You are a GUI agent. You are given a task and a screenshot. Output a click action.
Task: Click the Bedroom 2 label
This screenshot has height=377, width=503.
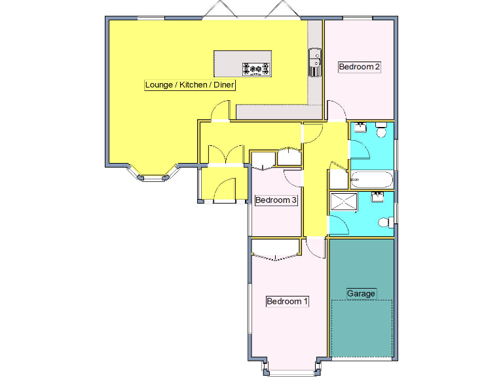[x=359, y=66]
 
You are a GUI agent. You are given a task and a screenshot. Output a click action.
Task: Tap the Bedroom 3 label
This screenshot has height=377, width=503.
[x=276, y=200]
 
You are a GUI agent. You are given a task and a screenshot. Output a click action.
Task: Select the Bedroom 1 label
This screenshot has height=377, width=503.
[x=287, y=301]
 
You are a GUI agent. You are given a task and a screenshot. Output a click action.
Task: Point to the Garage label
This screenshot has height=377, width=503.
[x=361, y=293]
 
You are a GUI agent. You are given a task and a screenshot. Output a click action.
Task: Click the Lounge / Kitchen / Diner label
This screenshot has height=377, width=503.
[x=190, y=85]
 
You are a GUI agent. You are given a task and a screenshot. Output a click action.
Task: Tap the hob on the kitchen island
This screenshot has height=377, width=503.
[x=256, y=67]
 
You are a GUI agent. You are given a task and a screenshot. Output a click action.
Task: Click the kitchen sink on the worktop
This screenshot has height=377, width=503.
[x=315, y=62]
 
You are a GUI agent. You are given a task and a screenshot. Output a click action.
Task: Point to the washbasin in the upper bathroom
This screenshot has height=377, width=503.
[x=359, y=129]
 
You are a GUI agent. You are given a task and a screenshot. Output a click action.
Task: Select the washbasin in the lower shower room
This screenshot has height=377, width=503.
[x=378, y=196]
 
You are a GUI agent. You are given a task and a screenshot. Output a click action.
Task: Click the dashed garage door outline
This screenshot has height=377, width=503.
[x=362, y=329]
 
